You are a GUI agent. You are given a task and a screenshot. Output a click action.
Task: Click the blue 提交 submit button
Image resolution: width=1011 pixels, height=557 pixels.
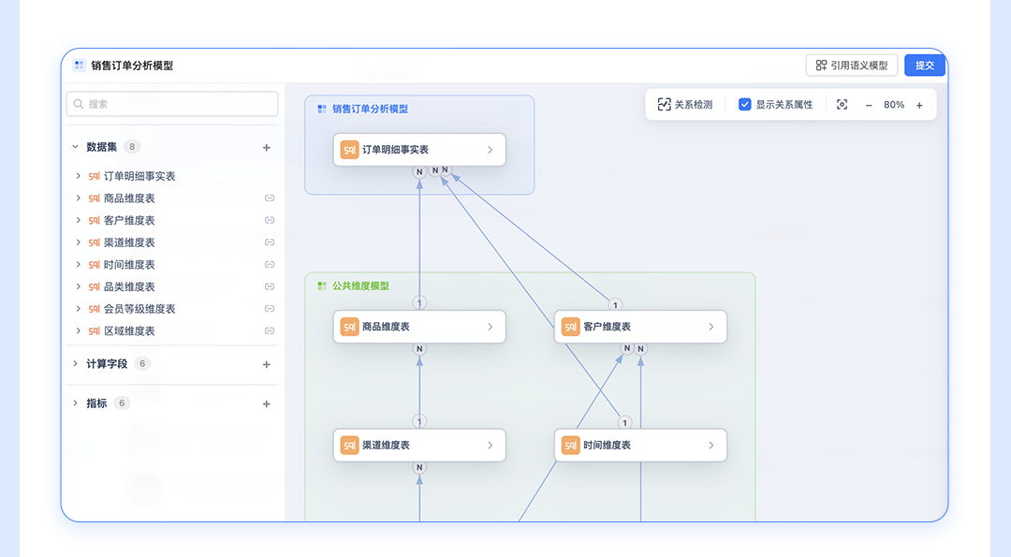[925, 66]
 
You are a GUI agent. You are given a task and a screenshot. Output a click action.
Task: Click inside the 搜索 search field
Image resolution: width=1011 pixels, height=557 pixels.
[172, 104]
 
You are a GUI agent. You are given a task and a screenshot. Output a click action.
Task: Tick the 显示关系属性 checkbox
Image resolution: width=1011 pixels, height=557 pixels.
[745, 105]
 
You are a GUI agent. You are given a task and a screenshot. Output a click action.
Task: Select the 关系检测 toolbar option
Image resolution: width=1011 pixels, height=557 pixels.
[684, 105]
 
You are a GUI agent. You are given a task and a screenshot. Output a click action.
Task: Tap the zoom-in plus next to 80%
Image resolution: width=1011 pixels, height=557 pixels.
[919, 105]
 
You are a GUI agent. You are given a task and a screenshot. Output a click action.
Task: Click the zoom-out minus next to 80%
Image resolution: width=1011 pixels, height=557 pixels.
[869, 105]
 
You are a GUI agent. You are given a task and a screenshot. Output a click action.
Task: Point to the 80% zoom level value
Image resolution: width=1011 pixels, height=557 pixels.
[894, 105]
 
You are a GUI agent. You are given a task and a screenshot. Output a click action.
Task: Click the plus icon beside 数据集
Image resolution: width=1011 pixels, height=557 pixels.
[266, 148]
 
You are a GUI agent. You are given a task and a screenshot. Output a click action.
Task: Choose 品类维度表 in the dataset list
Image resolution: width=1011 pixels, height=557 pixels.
[129, 286]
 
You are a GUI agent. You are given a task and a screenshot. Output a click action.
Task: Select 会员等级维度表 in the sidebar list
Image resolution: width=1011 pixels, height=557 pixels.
[139, 309]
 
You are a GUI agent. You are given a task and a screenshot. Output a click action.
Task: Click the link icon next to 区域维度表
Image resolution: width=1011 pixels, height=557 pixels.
[270, 330]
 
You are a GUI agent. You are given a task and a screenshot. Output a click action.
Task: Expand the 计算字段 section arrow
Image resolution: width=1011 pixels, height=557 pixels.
[76, 363]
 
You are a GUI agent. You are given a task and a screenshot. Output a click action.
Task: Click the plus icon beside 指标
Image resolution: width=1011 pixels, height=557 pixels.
[266, 404]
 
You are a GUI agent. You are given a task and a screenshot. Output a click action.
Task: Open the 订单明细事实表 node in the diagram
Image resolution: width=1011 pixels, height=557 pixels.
[419, 150]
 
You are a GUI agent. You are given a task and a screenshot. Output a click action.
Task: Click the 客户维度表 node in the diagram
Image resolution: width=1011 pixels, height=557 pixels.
[640, 327]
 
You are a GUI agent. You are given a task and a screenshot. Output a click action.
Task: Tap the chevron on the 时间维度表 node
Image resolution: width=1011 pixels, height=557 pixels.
[711, 446]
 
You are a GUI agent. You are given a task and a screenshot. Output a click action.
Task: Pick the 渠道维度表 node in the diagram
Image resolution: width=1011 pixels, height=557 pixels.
[419, 446]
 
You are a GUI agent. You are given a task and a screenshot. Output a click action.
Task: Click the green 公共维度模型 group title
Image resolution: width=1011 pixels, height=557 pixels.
[360, 286]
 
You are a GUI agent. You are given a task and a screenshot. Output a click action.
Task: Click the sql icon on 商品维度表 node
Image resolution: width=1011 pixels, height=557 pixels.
[349, 327]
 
